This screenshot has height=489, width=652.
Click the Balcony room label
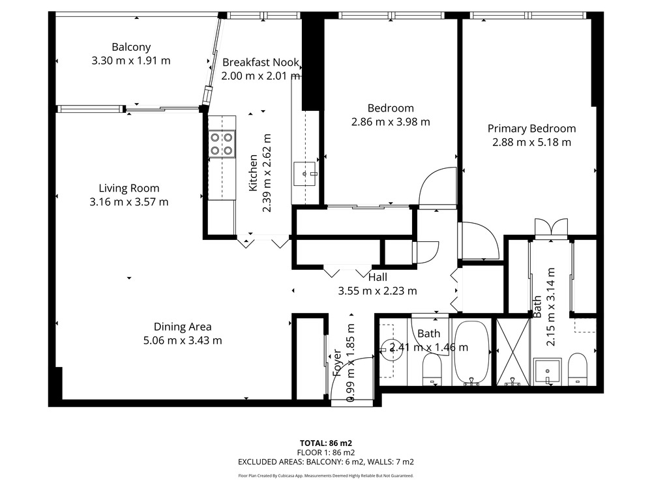(x=131, y=47)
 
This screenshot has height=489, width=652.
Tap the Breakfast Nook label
(x=261, y=63)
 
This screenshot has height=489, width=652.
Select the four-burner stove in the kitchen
(x=222, y=144)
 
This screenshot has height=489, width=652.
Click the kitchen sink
(x=305, y=173)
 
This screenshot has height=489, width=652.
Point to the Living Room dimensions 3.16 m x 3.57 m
(x=129, y=202)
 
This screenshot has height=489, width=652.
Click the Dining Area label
(x=183, y=327)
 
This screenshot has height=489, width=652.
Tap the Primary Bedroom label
(x=531, y=128)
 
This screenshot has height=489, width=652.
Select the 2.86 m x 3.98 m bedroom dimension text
(x=391, y=122)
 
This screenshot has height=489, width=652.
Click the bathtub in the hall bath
(x=471, y=353)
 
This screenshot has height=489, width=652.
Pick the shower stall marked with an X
(x=514, y=352)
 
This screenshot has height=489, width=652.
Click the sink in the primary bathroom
(x=548, y=372)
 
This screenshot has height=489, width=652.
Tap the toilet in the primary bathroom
(x=577, y=369)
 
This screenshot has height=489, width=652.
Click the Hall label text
(x=378, y=277)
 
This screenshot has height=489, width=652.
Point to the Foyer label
(x=337, y=363)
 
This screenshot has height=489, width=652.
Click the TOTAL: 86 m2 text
(x=326, y=443)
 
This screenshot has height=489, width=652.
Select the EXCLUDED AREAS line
(x=326, y=462)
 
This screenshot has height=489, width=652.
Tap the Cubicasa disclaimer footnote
(x=326, y=476)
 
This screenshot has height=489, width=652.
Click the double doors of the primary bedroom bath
(x=552, y=228)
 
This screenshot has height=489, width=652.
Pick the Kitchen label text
(x=253, y=173)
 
